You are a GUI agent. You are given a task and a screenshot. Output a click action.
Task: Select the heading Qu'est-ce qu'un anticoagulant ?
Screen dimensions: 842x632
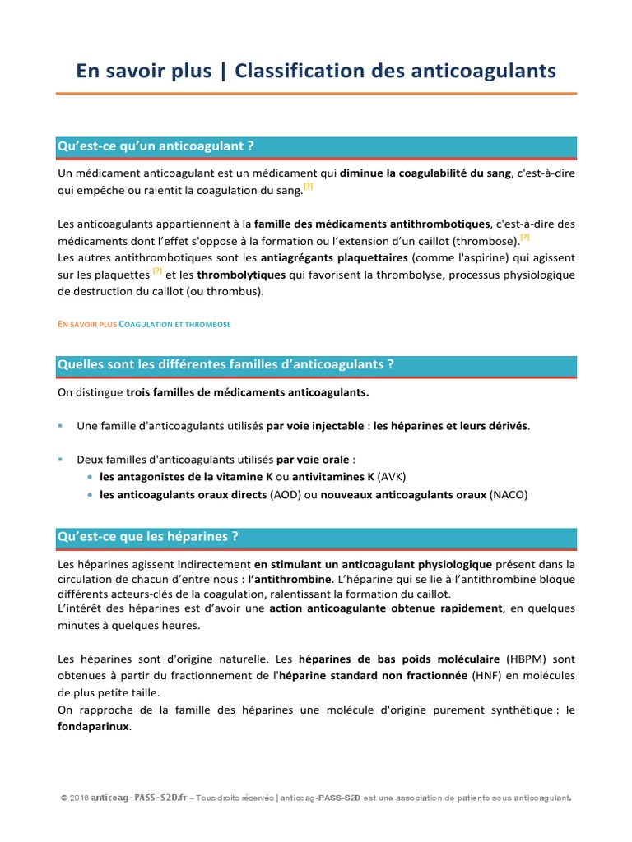[x=156, y=146]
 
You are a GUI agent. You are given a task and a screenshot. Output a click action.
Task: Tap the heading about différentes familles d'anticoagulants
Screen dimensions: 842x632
[x=225, y=364]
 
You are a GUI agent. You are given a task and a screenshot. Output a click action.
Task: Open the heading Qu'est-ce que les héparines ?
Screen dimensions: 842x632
[x=148, y=537]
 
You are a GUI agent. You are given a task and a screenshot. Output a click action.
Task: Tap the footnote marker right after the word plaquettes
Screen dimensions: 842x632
[x=157, y=271]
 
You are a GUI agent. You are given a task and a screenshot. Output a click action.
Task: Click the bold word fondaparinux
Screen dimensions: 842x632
[x=94, y=728]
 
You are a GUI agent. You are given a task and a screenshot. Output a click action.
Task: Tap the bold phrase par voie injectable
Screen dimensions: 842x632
[x=317, y=426]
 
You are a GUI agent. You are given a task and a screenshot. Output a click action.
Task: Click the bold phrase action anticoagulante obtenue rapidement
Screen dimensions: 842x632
[x=386, y=608]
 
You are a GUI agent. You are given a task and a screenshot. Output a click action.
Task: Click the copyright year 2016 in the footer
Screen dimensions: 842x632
[x=80, y=798]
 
